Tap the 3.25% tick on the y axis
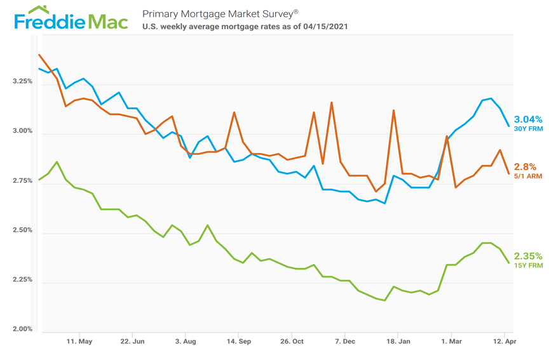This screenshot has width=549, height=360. (22, 82)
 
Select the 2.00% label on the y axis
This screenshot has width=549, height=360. (22, 330)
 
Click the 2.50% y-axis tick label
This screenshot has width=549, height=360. (22, 230)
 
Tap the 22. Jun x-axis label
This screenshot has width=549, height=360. (132, 342)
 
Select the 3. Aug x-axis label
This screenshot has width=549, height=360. (185, 342)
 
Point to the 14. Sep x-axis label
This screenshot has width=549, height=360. (238, 342)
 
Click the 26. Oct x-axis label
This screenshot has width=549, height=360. (291, 342)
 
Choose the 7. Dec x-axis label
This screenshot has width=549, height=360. (344, 342)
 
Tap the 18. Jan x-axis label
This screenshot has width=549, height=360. (397, 342)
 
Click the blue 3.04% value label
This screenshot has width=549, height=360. (528, 119)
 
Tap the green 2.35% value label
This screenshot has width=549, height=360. (528, 257)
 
